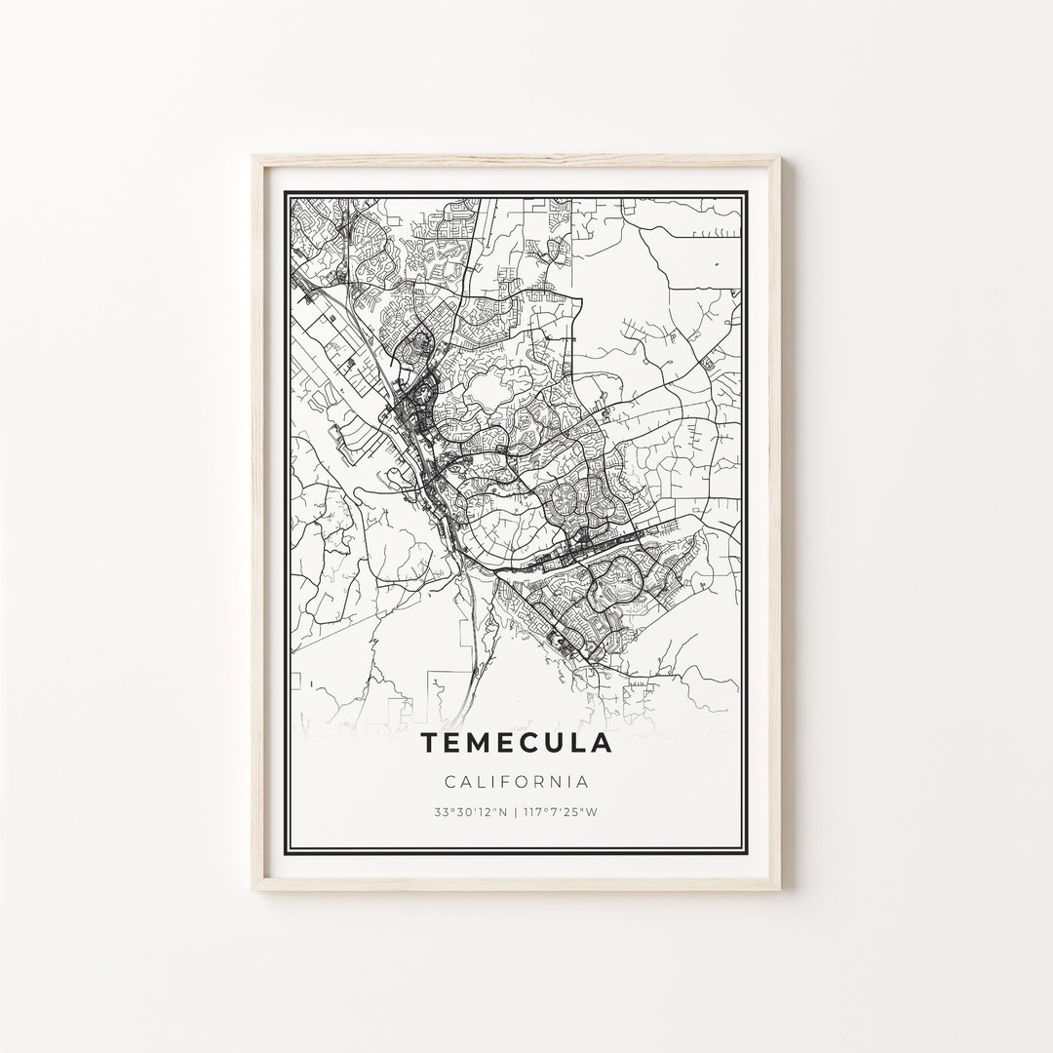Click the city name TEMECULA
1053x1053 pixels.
pos(517,743)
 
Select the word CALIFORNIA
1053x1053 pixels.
pos(517,782)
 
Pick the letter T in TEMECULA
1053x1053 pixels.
pos(430,743)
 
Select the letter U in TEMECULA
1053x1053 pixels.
pos(557,743)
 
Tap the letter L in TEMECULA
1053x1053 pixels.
pos(580,743)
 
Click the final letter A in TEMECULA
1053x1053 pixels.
pos(604,743)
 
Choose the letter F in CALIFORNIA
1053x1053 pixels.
pos(506,782)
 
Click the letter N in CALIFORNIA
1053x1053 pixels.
pos(560,782)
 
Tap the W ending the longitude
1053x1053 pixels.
pos(593,812)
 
